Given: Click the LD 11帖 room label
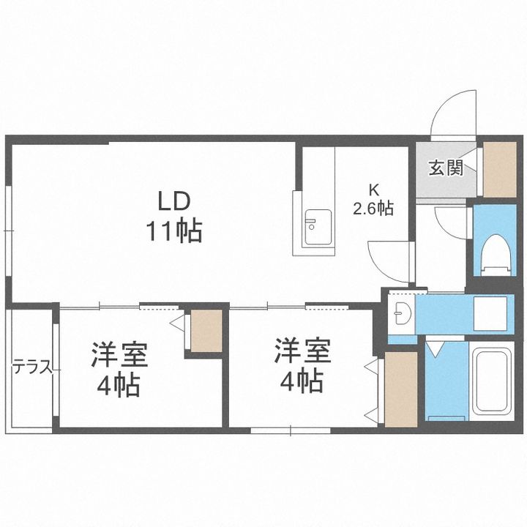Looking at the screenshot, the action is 173,217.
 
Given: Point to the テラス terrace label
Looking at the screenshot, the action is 33,367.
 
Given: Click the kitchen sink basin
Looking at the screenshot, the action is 318,228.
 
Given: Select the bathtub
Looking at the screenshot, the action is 490,381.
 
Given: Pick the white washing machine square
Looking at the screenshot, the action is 490,313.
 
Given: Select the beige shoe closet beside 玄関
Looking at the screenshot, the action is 499,169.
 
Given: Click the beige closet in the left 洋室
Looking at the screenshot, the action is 206,331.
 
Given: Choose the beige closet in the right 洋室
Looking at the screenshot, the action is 400,389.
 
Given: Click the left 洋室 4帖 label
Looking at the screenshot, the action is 119,369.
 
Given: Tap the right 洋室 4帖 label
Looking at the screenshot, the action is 302,366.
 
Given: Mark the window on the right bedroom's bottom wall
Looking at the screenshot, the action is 291,430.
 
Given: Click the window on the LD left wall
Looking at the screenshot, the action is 9,231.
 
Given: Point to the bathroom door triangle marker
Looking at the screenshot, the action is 436,349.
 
